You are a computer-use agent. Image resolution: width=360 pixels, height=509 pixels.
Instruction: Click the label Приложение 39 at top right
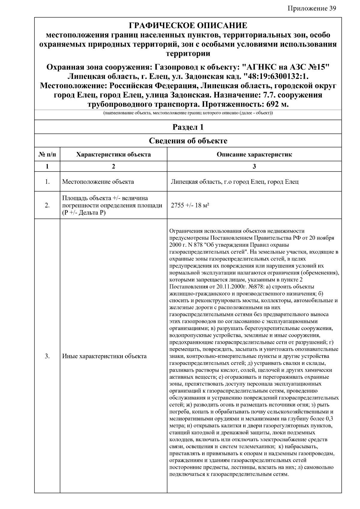click(312, 8)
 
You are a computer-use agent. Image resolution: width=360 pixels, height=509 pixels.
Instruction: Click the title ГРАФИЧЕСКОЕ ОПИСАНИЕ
click(188, 25)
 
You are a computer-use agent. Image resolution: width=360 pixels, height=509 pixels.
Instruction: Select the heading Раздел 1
click(188, 127)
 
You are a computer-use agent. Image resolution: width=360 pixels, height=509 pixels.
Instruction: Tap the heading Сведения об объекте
click(188, 141)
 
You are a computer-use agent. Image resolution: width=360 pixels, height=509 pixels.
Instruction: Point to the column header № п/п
click(47, 155)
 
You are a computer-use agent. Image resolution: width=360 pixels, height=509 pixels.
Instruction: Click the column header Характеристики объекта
click(113, 155)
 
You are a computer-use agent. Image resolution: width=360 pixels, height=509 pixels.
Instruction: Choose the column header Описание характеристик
click(254, 155)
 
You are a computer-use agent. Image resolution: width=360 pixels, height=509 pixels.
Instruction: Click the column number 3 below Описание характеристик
click(254, 167)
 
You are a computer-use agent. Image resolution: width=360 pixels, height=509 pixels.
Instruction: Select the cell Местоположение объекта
click(98, 182)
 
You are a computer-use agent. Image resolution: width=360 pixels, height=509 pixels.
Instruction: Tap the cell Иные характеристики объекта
click(104, 356)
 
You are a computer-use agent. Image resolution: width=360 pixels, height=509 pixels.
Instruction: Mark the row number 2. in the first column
click(47, 205)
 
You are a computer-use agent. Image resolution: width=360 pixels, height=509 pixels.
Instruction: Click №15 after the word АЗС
click(317, 67)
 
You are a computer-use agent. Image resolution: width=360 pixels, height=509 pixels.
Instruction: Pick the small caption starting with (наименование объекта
click(188, 113)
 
